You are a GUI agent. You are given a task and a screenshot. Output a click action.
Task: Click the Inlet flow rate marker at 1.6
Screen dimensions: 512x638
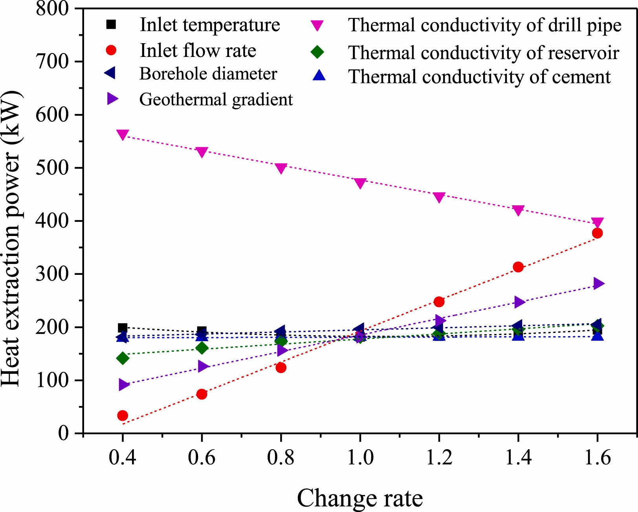[597, 233]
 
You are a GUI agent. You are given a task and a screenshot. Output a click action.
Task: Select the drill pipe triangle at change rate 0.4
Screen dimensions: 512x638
[123, 135]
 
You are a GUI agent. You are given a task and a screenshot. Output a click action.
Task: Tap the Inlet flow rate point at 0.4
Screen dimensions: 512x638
[123, 415]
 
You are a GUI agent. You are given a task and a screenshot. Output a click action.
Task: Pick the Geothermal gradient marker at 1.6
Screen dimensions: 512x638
[598, 283]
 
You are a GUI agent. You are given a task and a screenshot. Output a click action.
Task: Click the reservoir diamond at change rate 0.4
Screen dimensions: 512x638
[123, 358]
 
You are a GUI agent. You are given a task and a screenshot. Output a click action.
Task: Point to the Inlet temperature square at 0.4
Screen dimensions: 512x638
[123, 328]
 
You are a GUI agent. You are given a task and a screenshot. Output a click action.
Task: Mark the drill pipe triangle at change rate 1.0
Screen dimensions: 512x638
[360, 183]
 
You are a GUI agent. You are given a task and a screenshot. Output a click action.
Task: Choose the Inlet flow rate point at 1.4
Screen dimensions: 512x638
[518, 267]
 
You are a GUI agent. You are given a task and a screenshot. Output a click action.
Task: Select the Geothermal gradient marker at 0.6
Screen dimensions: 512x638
[203, 366]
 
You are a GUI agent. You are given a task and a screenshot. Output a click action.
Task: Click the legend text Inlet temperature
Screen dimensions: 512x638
[210, 25]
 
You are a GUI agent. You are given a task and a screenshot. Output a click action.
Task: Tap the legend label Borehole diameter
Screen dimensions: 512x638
[208, 74]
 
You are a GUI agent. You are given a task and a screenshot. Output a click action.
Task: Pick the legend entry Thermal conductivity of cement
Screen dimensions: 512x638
[479, 77]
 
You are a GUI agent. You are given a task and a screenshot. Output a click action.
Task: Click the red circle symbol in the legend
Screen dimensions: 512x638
[112, 50]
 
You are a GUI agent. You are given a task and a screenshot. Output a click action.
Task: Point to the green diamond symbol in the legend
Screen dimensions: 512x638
[317, 52]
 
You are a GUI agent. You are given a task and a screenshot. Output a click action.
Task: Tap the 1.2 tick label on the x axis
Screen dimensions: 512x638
[439, 458]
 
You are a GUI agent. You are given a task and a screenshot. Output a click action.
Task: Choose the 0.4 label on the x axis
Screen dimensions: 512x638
[123, 458]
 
